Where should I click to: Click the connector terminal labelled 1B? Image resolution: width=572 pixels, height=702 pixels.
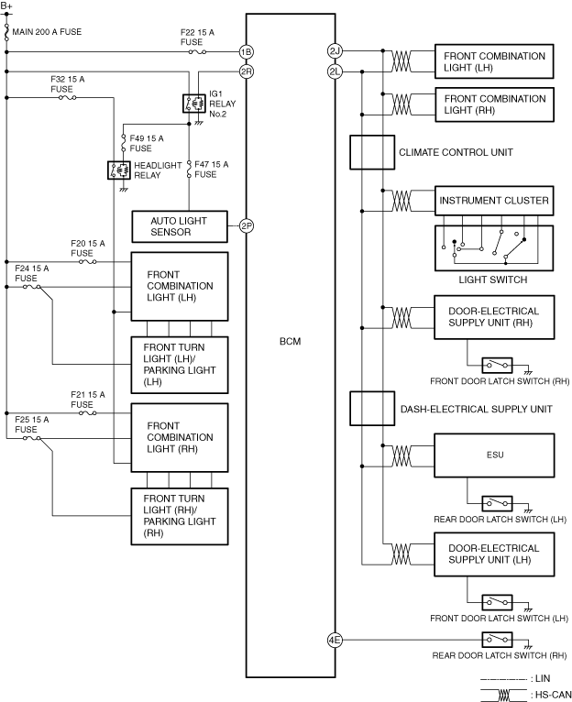pos(246,51)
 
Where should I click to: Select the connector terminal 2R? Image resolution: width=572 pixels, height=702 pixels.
pos(246,71)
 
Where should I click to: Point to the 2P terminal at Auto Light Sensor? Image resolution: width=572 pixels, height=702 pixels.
pos(246,225)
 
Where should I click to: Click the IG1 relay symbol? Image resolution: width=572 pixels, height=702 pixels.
pos(193,103)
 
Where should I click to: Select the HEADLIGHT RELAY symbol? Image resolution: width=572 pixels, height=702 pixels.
pos(118,170)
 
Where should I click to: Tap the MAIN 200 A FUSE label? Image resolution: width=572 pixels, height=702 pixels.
pos(48,33)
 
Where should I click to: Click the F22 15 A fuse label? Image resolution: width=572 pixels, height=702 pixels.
pos(197,37)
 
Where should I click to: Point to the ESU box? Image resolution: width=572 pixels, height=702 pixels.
pos(495,453)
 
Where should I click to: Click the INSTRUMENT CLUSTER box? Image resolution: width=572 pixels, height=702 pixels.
pos(494,201)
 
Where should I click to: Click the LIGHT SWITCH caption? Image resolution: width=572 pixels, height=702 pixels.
pos(493,280)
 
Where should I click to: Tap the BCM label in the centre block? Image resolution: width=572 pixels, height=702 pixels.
pos(290,341)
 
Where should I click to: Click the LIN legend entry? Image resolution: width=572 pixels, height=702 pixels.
pos(541,677)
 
